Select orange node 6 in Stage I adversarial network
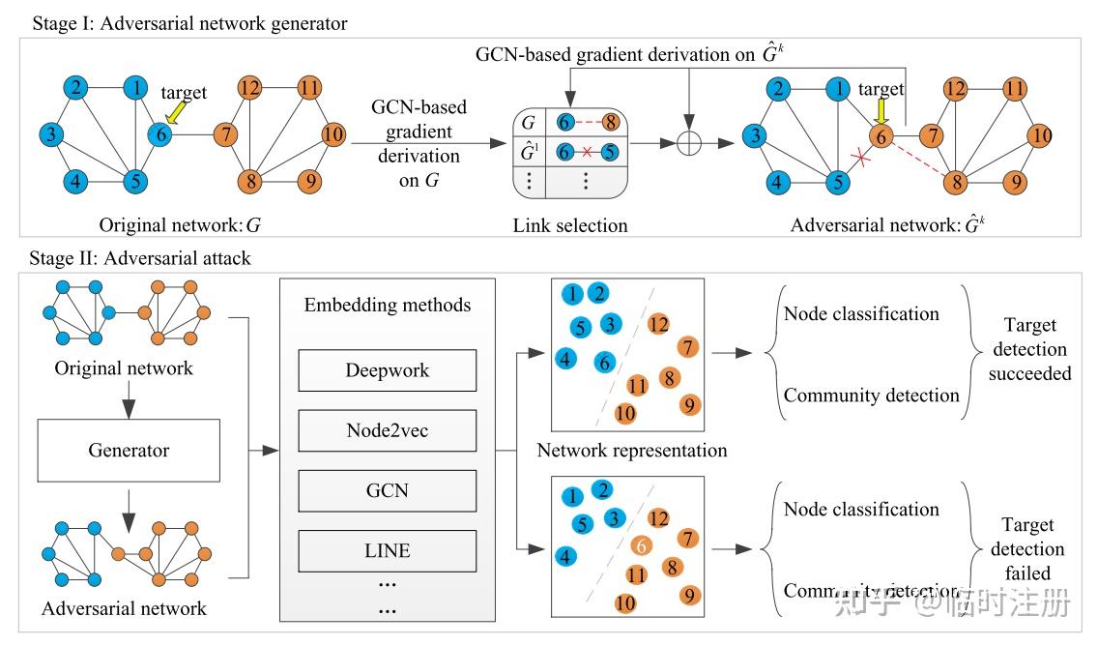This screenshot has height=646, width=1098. click(881, 138)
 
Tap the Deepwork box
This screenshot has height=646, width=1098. click(388, 370)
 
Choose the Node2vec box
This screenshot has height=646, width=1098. click(388, 430)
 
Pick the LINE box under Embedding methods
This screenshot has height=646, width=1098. click(388, 550)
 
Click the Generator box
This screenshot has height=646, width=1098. click(129, 450)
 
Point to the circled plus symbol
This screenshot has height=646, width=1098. click(687, 143)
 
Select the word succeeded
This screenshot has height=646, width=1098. click(1029, 373)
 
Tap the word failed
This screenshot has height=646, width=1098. click(1028, 573)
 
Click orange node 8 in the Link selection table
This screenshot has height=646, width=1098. click(611, 123)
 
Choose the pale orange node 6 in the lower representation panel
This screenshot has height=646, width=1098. click(640, 545)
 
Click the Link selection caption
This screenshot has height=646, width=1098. click(570, 225)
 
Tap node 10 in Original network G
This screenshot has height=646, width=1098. click(332, 134)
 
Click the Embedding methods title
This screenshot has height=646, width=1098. click(388, 305)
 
